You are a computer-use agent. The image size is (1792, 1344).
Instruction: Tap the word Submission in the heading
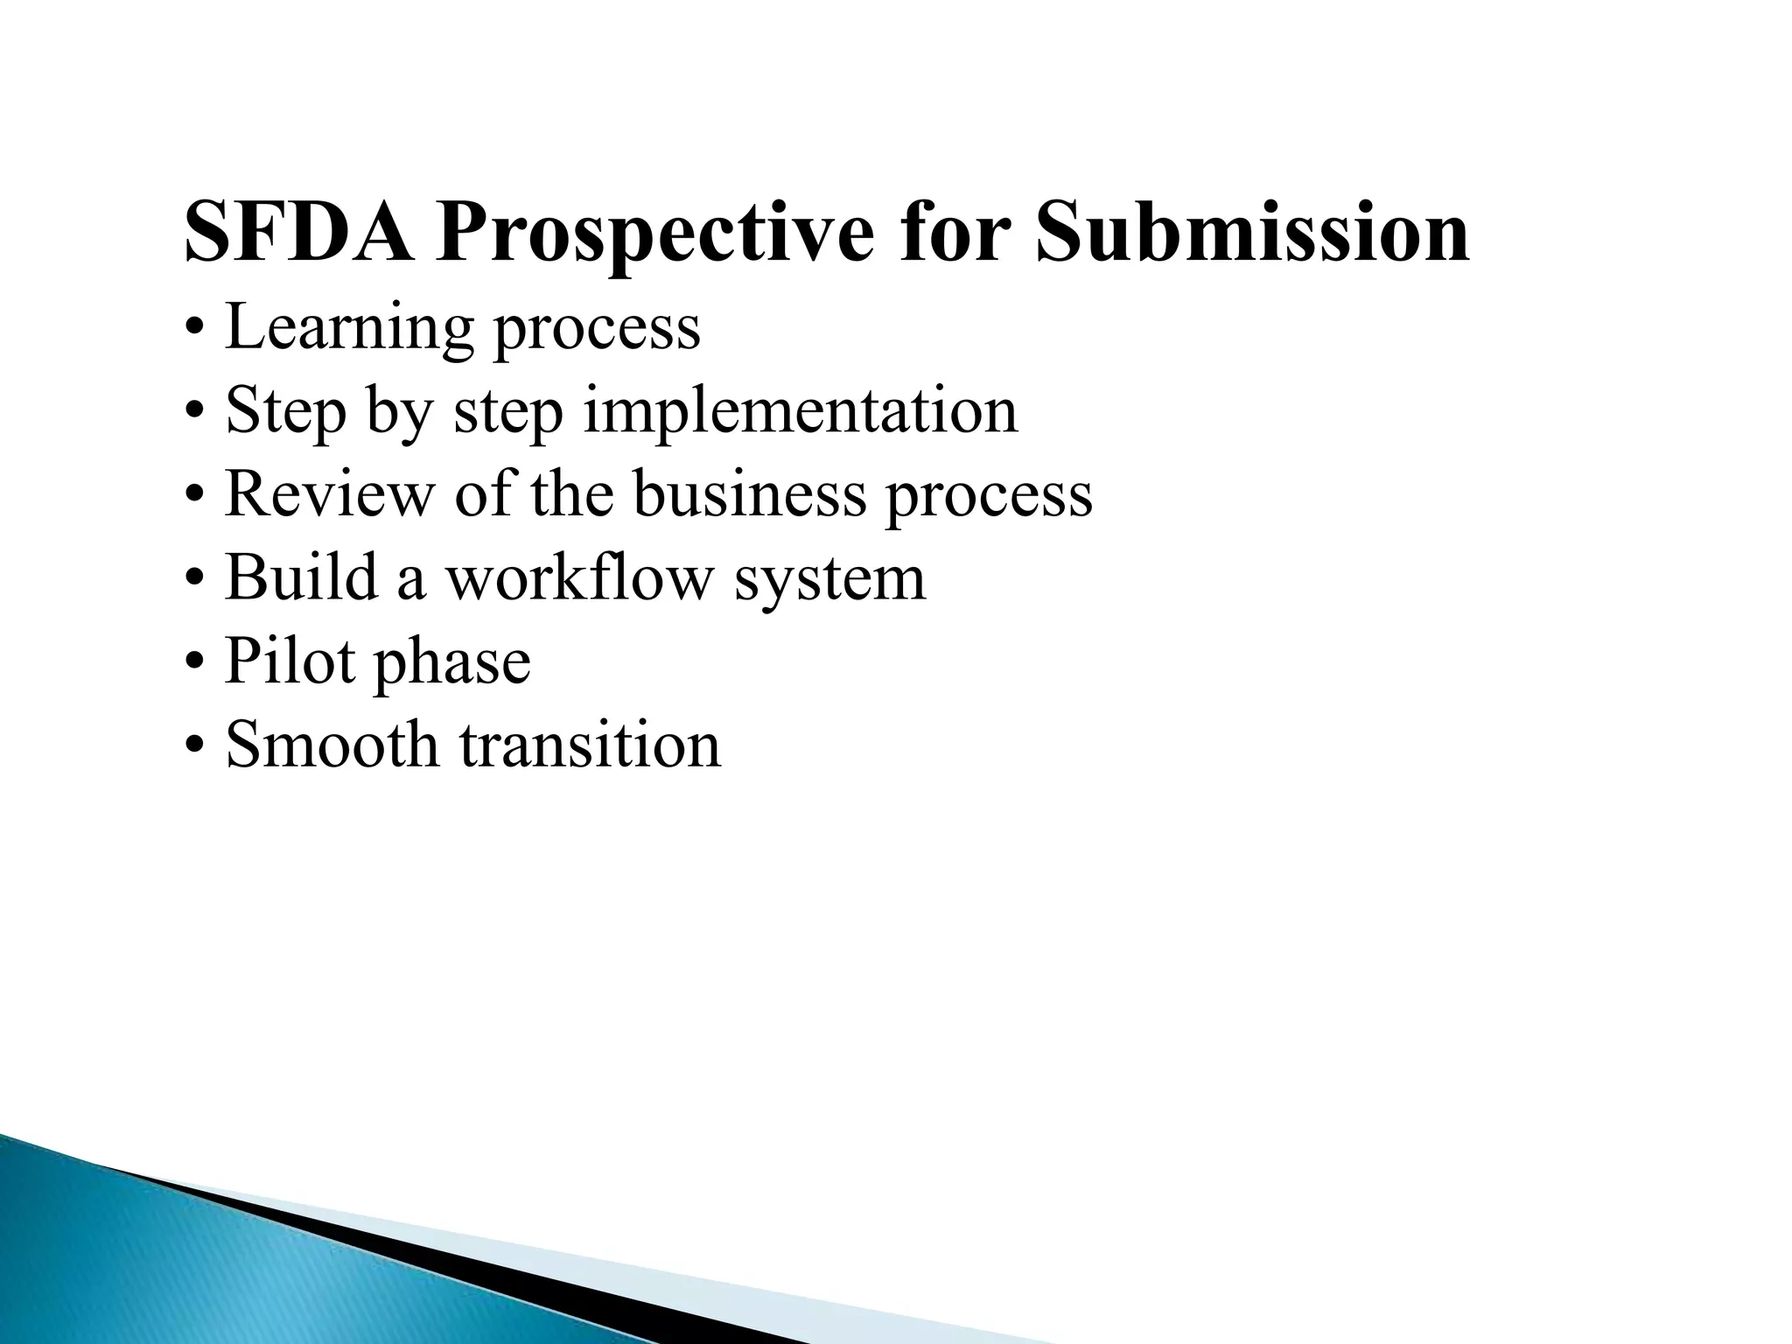(1251, 231)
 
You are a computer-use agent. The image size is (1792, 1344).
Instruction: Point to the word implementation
(800, 411)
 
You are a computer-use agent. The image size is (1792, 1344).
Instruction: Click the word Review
(329, 493)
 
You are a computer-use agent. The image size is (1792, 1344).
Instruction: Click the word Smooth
(332, 744)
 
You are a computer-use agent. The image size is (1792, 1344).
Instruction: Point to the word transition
(591, 744)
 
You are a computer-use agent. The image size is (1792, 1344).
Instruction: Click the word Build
(301, 577)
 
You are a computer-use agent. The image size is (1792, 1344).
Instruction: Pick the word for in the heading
(953, 231)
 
